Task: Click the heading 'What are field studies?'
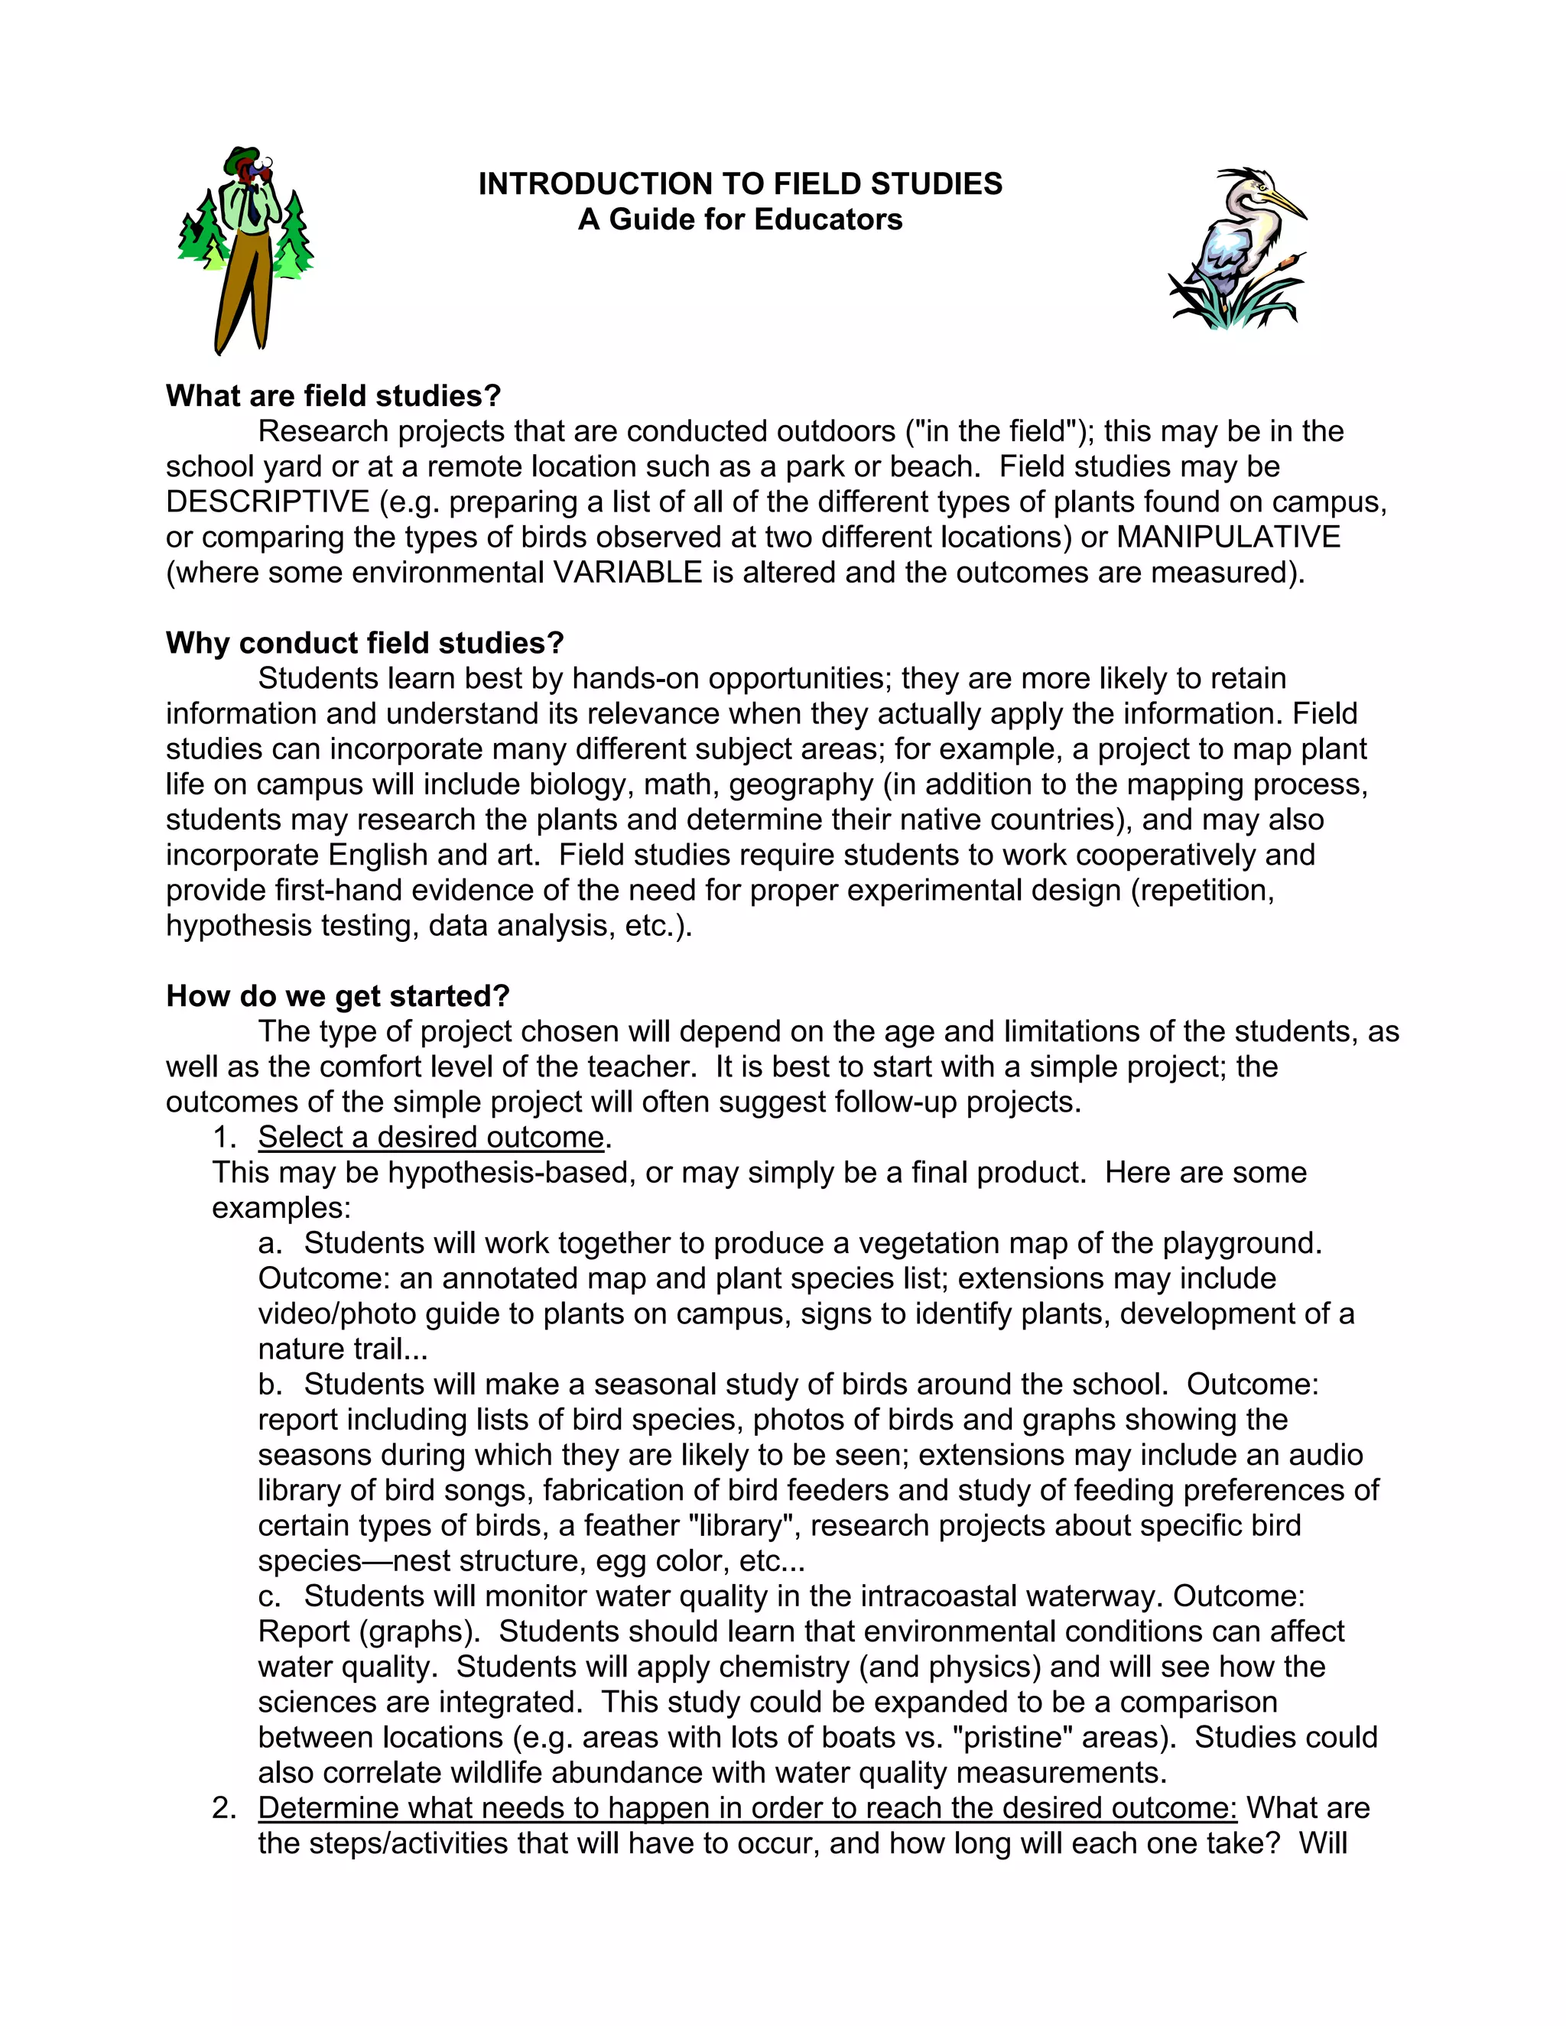[333, 396]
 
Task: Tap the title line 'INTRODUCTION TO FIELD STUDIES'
[739, 183]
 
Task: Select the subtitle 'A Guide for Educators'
[739, 220]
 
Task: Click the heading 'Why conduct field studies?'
[365, 643]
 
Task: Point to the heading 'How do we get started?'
[338, 996]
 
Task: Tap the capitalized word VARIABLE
[627, 573]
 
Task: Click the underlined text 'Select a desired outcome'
[430, 1138]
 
